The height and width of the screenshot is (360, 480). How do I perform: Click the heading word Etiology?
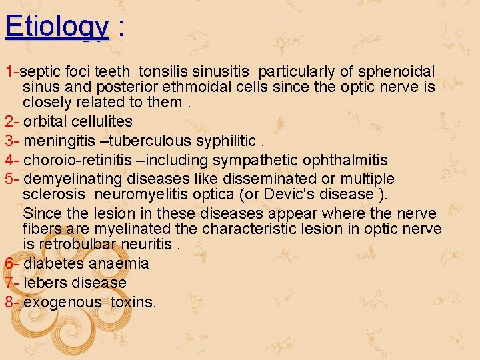(x=57, y=27)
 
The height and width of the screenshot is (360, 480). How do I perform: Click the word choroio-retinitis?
(x=77, y=160)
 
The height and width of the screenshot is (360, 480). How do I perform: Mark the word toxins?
(x=133, y=302)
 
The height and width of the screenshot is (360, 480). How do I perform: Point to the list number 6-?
(x=11, y=263)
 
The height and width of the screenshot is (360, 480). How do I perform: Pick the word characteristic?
(x=255, y=229)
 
